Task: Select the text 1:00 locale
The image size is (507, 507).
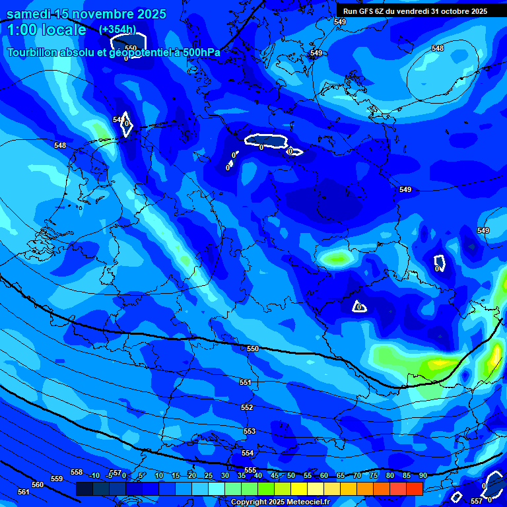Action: tap(46, 30)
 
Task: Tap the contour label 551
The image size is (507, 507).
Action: tap(246, 382)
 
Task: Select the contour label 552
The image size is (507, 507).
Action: tap(247, 407)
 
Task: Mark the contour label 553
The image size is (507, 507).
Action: tap(250, 431)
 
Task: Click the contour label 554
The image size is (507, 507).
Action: tap(248, 453)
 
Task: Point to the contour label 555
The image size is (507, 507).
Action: tap(250, 470)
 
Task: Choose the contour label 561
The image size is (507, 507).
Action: tap(24, 492)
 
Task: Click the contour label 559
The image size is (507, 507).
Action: tap(57, 479)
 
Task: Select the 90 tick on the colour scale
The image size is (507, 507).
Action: tap(422, 475)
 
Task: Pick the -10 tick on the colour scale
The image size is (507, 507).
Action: tap(94, 475)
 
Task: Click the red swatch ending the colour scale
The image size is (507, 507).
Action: tap(415, 489)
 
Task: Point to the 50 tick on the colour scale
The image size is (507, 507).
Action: tap(291, 475)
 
